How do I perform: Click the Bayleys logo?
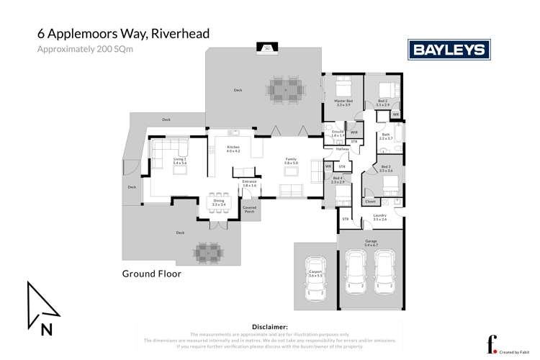point(449,50)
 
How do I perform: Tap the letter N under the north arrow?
point(47,330)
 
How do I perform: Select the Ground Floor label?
point(151,274)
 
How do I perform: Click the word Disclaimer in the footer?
point(269,327)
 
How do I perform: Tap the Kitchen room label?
point(233,149)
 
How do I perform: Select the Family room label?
point(291,162)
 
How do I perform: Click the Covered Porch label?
point(250,210)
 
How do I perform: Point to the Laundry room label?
point(380,217)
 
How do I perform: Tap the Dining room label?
point(219,203)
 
